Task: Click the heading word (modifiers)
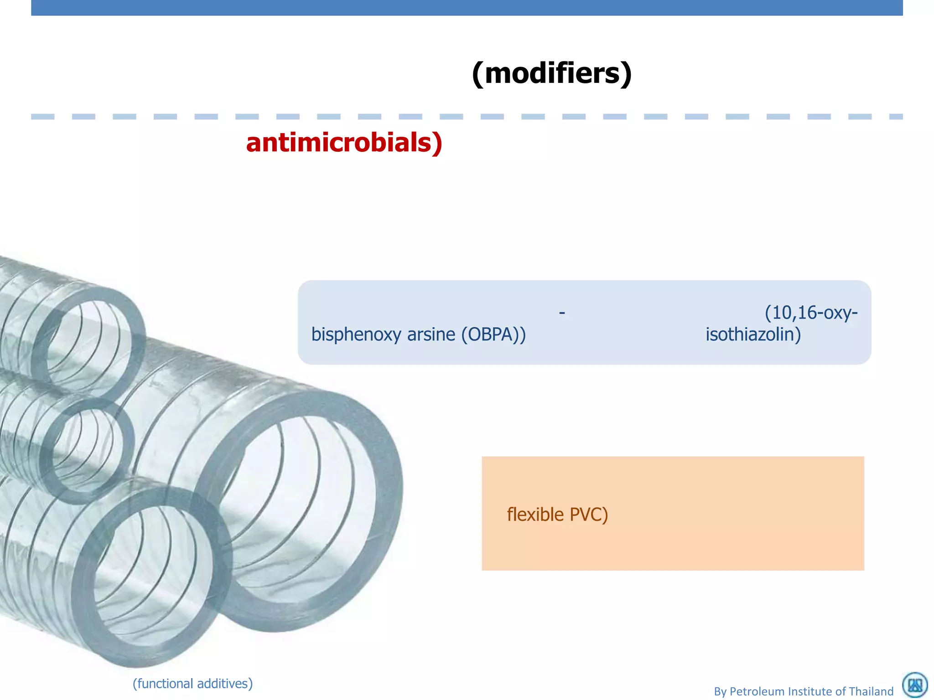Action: point(552,73)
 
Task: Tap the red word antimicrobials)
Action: point(344,143)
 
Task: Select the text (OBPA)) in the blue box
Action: point(493,335)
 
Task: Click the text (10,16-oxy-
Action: point(811,313)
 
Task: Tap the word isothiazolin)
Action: point(753,335)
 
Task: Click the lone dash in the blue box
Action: point(562,313)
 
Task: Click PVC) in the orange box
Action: point(589,515)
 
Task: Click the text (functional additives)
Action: point(192,684)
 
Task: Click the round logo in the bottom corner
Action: point(915,685)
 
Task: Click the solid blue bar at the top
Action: point(467,8)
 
